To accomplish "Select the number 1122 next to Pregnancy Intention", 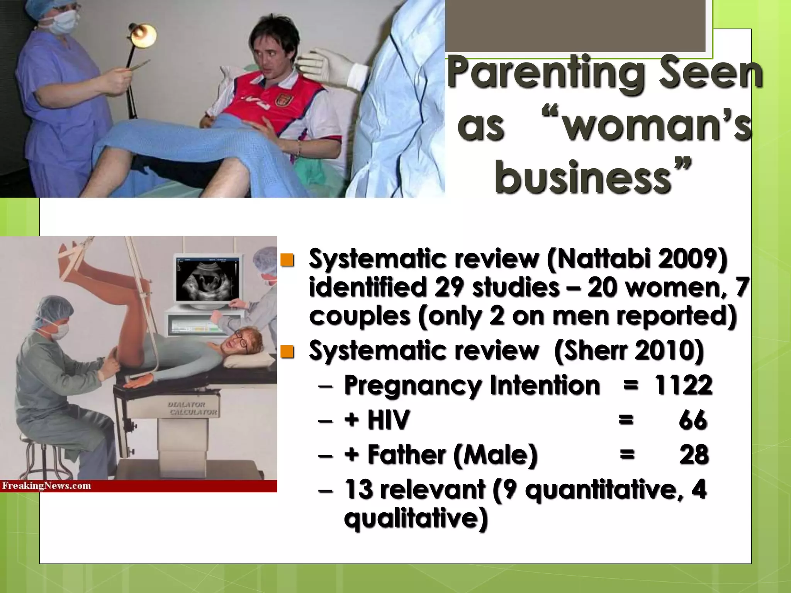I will coord(683,385).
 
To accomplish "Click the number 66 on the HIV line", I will coord(693,420).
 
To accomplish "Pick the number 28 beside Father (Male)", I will coord(694,454).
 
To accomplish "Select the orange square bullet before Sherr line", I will coord(287,352).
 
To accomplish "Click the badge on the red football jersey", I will coord(281,101).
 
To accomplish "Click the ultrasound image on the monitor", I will coord(207,280).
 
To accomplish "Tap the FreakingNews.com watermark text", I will coord(46,486).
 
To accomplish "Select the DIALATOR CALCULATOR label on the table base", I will coord(192,408).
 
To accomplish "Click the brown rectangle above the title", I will coord(575,25).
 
